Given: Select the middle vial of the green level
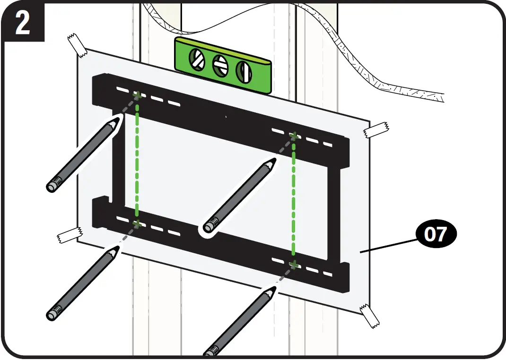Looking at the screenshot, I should click(x=219, y=65).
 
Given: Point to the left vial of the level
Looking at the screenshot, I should click(x=197, y=59).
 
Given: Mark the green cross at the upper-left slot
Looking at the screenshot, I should click(x=137, y=96).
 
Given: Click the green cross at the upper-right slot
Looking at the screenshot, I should click(x=294, y=136).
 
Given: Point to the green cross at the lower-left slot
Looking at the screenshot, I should click(x=137, y=223).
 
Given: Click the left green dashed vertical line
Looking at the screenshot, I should click(x=137, y=161).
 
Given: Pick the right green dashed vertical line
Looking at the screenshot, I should click(x=294, y=201).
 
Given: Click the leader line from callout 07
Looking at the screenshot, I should click(x=388, y=246).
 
